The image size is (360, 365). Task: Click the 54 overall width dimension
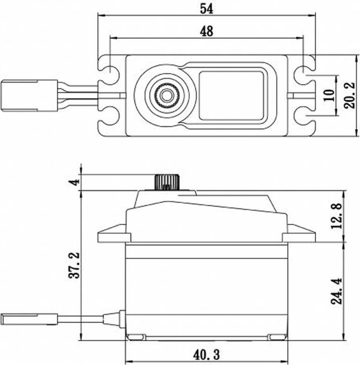coord(206,9)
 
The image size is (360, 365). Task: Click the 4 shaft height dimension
coord(75,181)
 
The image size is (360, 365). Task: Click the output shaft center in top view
coord(166,94)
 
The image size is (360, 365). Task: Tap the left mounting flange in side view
coord(112,235)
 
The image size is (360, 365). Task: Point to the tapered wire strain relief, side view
coord(114,319)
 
